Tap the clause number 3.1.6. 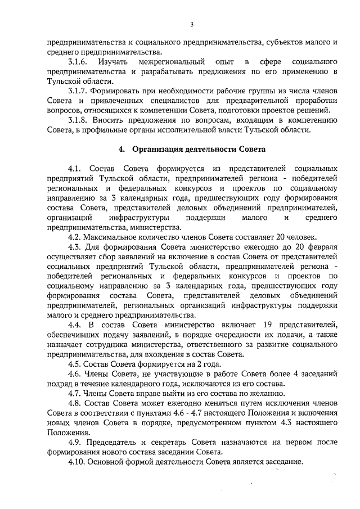77,61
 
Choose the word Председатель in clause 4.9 114,442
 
